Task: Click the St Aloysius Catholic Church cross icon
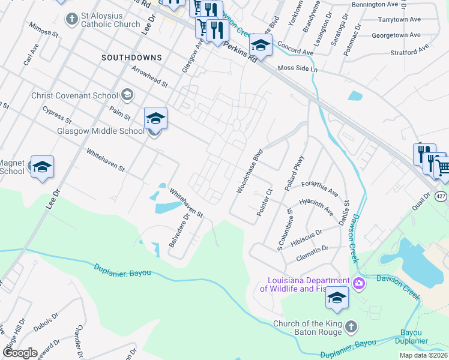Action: pyautogui.click(x=71, y=19)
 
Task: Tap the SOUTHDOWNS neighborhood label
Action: pyautogui.click(x=131, y=58)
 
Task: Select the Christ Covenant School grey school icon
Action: pyautogui.click(x=127, y=94)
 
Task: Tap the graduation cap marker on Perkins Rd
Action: pyautogui.click(x=261, y=44)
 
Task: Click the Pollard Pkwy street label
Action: pyautogui.click(x=295, y=174)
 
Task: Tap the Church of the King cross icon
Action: pyautogui.click(x=351, y=327)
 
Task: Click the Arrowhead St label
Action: pyautogui.click(x=149, y=77)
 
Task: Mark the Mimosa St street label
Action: pyautogui.click(x=43, y=31)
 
